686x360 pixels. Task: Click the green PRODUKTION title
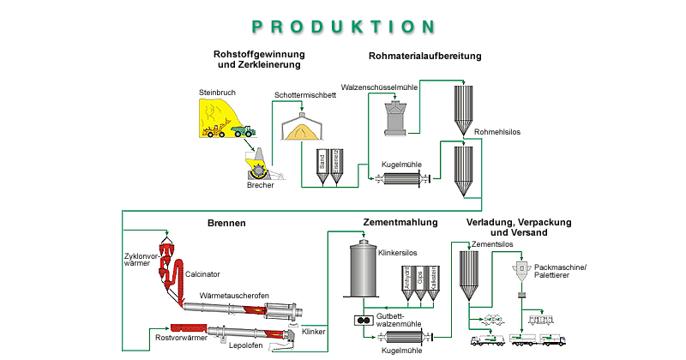[x=342, y=27]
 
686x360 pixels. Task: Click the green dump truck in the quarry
[x=244, y=129]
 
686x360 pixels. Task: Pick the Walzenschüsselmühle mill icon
[x=395, y=116]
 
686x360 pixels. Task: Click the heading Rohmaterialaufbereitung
[x=424, y=57]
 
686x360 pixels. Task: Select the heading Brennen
[x=226, y=224]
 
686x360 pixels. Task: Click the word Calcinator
[x=203, y=274]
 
